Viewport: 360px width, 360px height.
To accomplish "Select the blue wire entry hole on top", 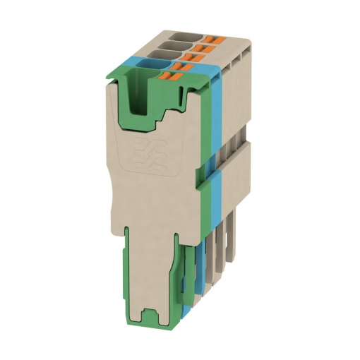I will [150, 66].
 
